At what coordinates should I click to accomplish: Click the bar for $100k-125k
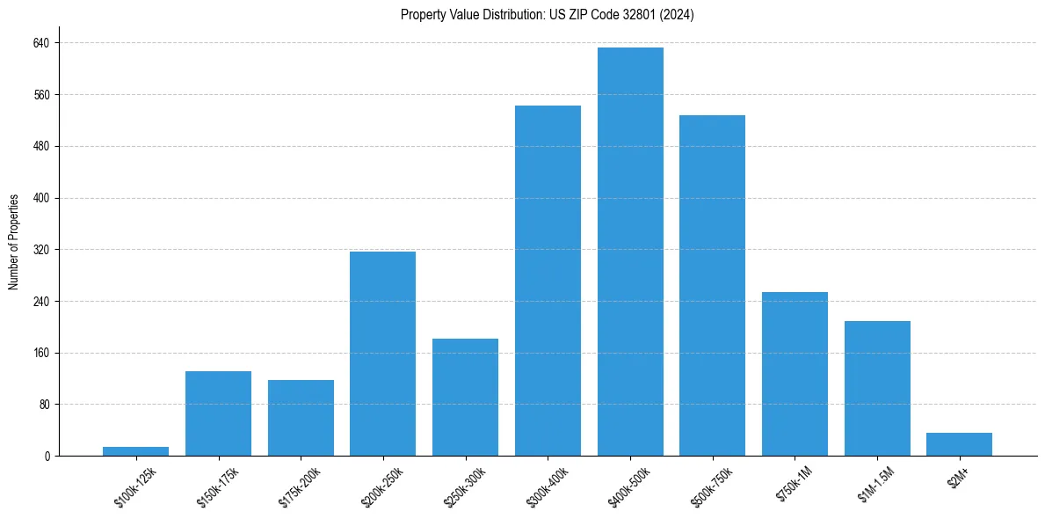[135, 451]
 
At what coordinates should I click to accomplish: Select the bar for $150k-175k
[218, 413]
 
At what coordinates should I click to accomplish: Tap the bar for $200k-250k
[382, 354]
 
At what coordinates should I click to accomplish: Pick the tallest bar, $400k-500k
[630, 252]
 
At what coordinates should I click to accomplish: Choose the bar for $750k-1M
[795, 374]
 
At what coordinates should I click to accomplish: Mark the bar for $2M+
[959, 444]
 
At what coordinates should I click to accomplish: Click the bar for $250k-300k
[465, 397]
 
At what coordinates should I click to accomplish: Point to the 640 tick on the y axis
[41, 43]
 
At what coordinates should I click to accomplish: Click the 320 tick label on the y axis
[41, 250]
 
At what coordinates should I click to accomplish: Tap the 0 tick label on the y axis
[47, 457]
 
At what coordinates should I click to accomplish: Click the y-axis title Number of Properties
[13, 242]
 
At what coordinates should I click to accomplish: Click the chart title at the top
[547, 15]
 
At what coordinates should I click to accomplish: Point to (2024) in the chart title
[677, 15]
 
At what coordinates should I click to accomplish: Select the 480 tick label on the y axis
[41, 146]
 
